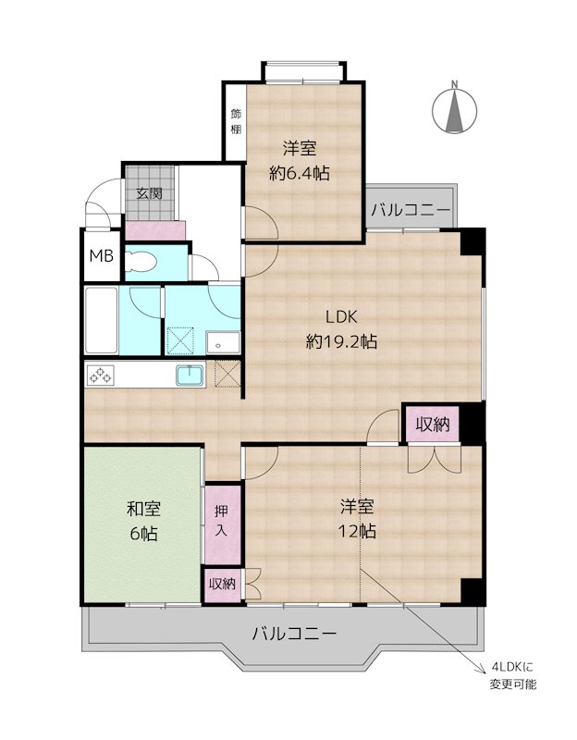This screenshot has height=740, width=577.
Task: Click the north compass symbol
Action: pyautogui.click(x=454, y=109)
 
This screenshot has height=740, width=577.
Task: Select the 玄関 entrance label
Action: pyautogui.click(x=149, y=193)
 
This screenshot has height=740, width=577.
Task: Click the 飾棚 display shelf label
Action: pyautogui.click(x=236, y=121)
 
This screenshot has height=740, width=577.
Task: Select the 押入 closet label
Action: pyautogui.click(x=221, y=523)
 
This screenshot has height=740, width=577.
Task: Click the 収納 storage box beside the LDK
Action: pyautogui.click(x=432, y=425)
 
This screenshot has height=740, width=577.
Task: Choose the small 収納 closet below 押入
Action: pyautogui.click(x=221, y=584)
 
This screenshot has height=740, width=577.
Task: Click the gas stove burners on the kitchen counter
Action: pyautogui.click(x=99, y=376)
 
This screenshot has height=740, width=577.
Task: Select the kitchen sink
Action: pyautogui.click(x=190, y=376)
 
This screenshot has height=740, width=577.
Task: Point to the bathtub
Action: pyautogui.click(x=101, y=320)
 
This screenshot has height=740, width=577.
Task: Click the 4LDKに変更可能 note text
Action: pyautogui.click(x=514, y=676)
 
